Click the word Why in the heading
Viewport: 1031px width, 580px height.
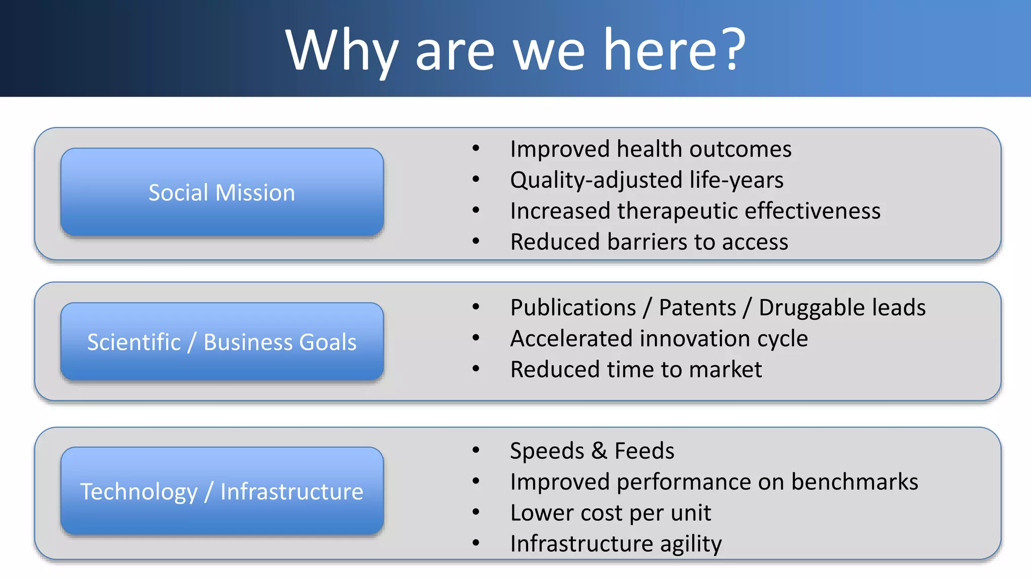pyautogui.click(x=342, y=51)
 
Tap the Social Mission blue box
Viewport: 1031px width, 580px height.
pyautogui.click(x=222, y=192)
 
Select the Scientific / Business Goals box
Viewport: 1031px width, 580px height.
pyautogui.click(x=222, y=342)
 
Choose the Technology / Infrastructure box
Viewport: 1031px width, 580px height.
pyautogui.click(x=222, y=491)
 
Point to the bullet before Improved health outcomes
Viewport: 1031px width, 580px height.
pyautogui.click(x=476, y=149)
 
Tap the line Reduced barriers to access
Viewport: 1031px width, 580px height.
pyautogui.click(x=649, y=242)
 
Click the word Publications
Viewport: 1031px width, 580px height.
pyautogui.click(x=573, y=308)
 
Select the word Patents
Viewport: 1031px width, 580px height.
pyautogui.click(x=697, y=308)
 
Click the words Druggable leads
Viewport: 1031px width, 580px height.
pyautogui.click(x=842, y=308)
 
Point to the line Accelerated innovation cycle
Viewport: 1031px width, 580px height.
pyautogui.click(x=658, y=338)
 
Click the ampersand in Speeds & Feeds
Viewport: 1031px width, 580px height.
pyautogui.click(x=599, y=451)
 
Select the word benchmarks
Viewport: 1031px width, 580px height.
pyautogui.click(x=854, y=482)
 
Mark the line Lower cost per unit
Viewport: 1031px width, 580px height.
pyautogui.click(x=610, y=513)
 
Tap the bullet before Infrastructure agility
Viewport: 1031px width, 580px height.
pyautogui.click(x=476, y=543)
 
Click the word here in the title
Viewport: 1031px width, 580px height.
pyautogui.click(x=660, y=50)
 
